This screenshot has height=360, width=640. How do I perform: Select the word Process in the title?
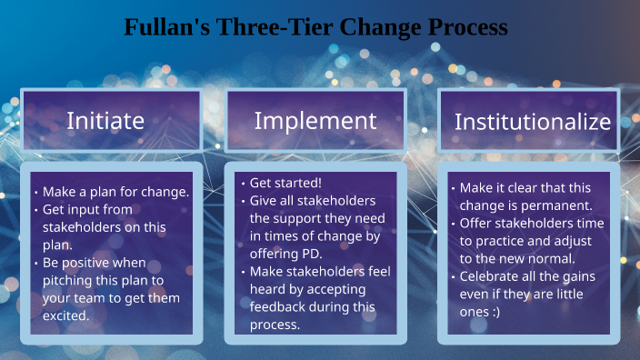point(466,27)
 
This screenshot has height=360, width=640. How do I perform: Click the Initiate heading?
point(105,120)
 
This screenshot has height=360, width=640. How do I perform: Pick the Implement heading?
point(315,120)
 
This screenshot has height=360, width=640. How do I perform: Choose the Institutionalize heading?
point(532,121)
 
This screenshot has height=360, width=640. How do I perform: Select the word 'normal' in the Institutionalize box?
point(552,257)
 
